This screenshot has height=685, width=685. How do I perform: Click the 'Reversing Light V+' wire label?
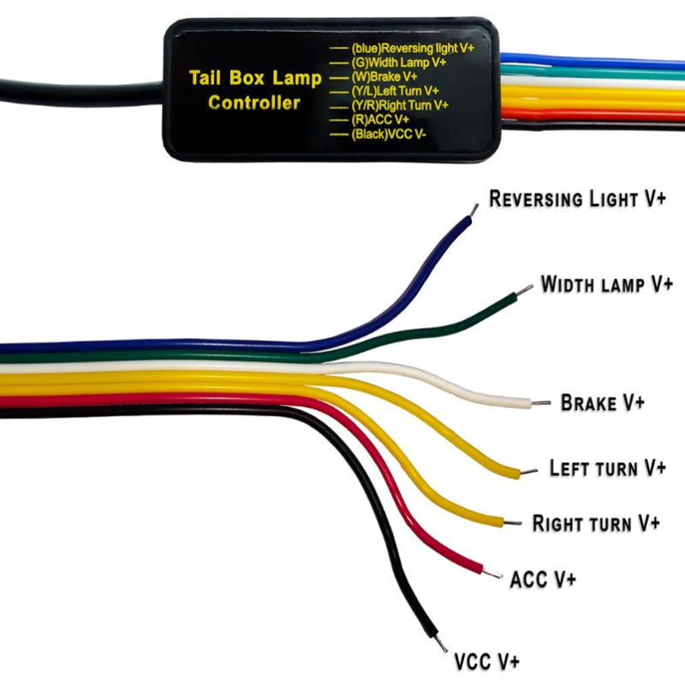[x=577, y=199]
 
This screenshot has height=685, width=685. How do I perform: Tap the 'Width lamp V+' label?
[x=607, y=283]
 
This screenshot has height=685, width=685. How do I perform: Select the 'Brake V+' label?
[x=601, y=402]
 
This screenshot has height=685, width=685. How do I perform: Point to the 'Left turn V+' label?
[x=607, y=468]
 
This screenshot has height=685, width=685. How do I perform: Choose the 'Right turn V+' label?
[x=596, y=522]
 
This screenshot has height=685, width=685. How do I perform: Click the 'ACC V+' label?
[x=543, y=579]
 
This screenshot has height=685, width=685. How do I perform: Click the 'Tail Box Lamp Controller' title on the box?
[x=255, y=90]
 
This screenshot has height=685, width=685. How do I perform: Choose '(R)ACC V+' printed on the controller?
[x=380, y=119]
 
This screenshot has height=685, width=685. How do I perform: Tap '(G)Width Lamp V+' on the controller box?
[x=399, y=63]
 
